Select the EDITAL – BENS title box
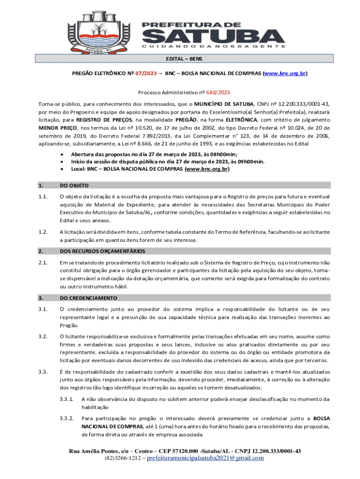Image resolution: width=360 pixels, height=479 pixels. [185, 59]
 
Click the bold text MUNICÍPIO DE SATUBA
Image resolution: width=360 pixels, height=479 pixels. [224, 103]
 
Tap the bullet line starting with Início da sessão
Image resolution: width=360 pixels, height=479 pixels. [167, 161]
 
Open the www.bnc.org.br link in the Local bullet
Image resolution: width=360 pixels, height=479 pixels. [207, 169]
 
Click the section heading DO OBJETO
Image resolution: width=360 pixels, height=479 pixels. [75, 185]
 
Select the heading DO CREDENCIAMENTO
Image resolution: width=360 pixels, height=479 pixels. [88, 298]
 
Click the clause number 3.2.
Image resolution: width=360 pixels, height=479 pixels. [43, 336]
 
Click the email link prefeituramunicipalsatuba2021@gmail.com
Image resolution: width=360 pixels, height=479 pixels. [205, 458]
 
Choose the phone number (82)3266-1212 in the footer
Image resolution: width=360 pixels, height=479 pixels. [123, 458]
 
